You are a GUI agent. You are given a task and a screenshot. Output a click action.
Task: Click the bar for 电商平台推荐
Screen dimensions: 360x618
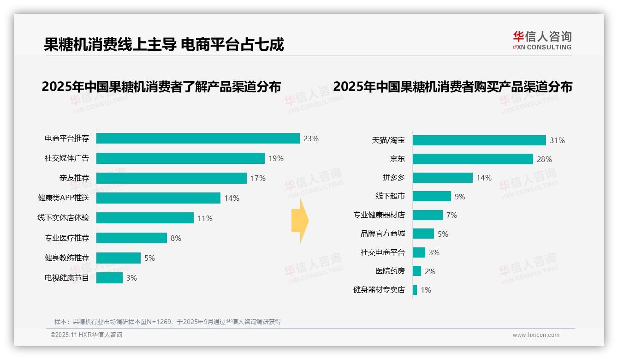tap(198, 138)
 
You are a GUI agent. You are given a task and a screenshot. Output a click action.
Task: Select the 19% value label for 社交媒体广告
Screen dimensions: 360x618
tap(276, 158)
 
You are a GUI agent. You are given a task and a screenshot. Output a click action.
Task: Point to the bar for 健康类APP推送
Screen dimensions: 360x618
tap(158, 198)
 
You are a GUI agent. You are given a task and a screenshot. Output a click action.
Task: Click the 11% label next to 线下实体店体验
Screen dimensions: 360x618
tap(205, 218)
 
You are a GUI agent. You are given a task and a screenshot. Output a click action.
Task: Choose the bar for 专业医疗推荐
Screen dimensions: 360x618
tap(131, 238)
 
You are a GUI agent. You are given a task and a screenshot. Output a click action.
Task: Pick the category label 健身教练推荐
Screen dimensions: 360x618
tap(67, 258)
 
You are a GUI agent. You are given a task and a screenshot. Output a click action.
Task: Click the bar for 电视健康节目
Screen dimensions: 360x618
tap(109, 278)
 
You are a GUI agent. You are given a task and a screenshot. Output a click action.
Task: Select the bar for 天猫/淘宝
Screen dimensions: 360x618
tap(479, 140)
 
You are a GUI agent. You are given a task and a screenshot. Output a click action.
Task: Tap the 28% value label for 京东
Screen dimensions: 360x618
tap(544, 159)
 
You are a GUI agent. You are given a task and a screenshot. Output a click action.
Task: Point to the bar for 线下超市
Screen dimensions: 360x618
tap(432, 196)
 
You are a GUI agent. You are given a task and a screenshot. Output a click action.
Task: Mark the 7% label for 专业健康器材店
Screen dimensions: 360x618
tap(452, 215)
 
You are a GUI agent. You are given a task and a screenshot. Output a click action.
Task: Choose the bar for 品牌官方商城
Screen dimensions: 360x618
tap(423, 234)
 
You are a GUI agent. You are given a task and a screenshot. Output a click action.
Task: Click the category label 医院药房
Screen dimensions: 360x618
tap(390, 271)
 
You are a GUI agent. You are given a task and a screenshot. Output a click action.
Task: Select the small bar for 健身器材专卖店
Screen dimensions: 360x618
tap(415, 290)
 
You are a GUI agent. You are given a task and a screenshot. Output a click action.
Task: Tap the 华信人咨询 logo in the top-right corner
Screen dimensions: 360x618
tap(542, 40)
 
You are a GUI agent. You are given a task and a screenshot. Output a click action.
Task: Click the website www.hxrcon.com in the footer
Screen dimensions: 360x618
tap(536, 335)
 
